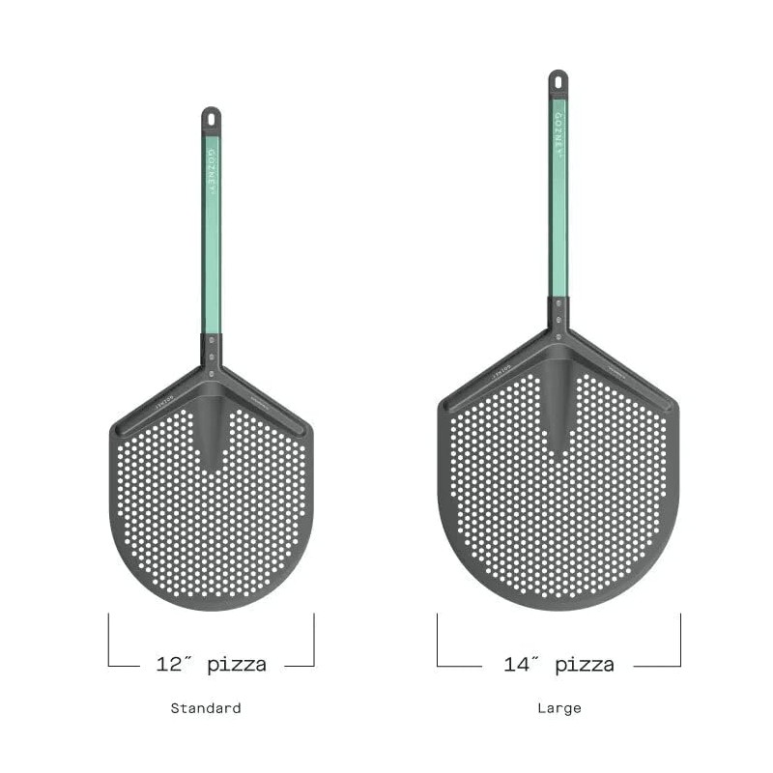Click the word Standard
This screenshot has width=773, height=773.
[x=206, y=708]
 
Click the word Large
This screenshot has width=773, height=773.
[x=559, y=708]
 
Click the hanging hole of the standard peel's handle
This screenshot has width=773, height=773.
[x=211, y=117]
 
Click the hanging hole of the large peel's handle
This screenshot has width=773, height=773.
[x=558, y=79]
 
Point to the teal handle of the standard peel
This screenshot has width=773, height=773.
[x=211, y=251]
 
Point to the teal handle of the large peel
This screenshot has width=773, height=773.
[x=558, y=222]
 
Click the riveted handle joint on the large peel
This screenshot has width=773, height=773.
[x=558, y=319]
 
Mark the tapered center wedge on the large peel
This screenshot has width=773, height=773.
[x=558, y=406]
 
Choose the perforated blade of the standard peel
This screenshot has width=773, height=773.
[x=212, y=531]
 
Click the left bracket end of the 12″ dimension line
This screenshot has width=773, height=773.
[x=109, y=638]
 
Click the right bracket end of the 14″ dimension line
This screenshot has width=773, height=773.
[x=680, y=638]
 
